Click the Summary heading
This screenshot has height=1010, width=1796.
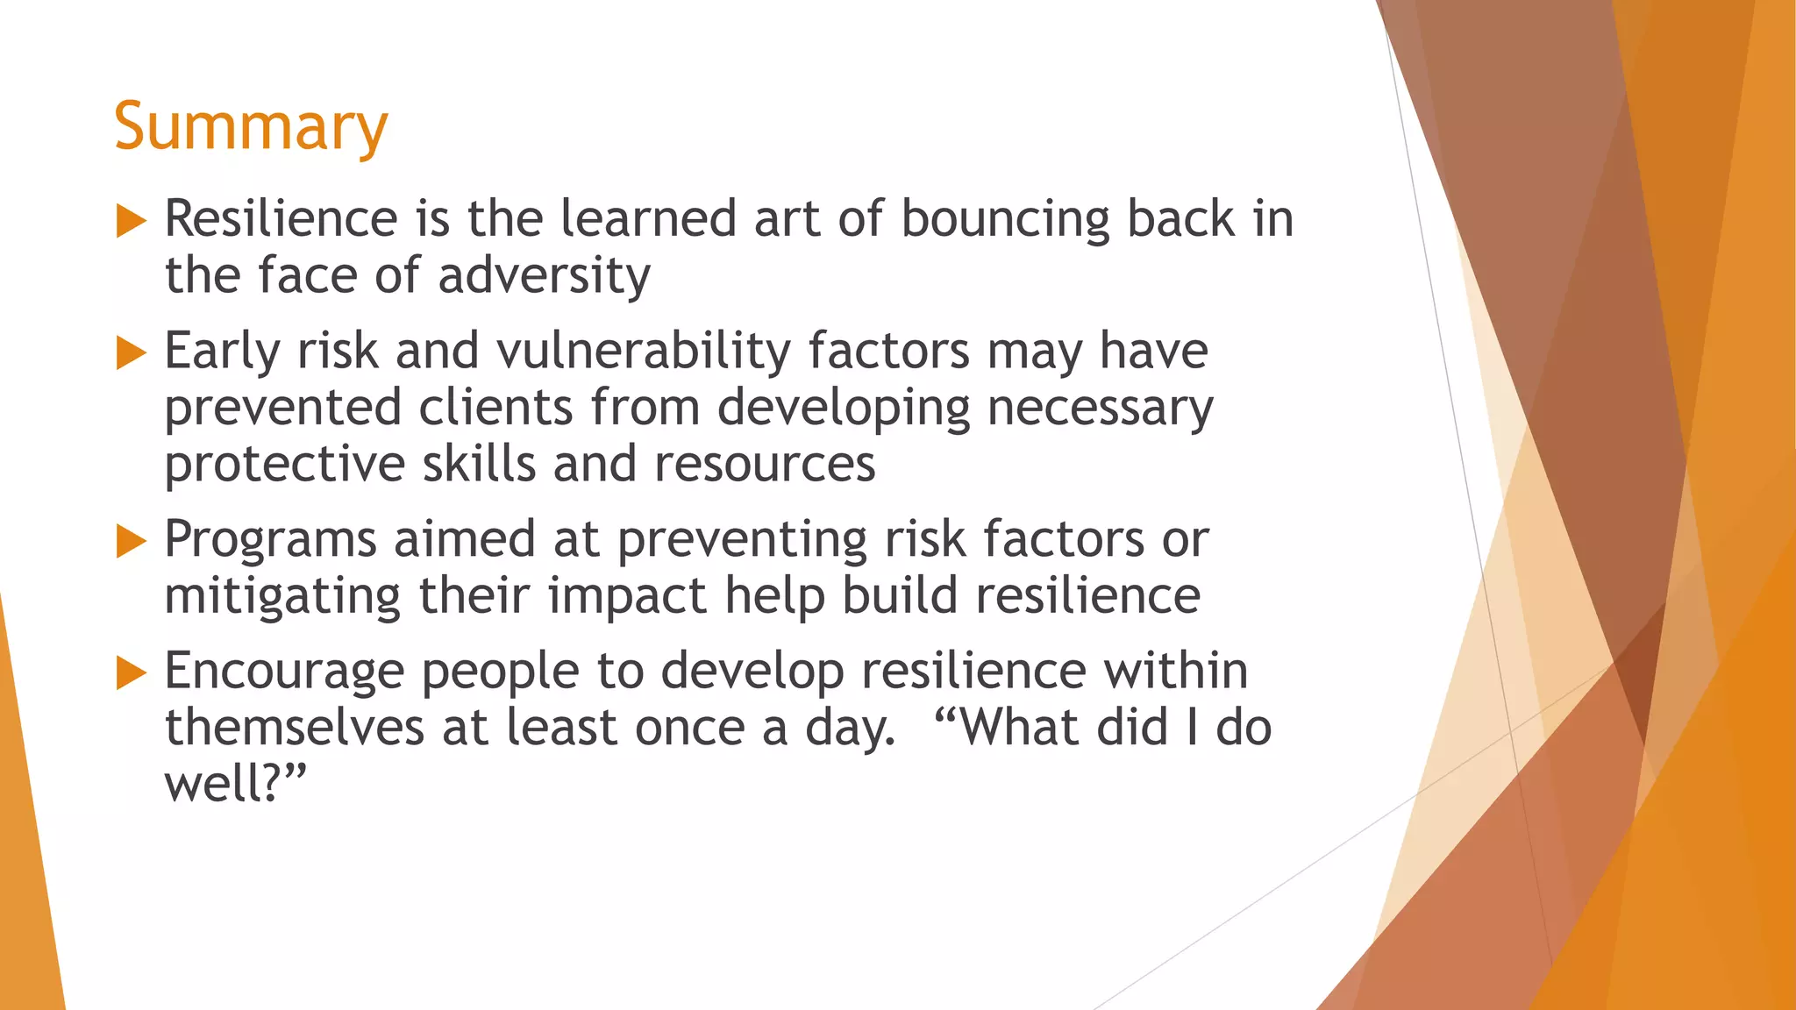(x=250, y=128)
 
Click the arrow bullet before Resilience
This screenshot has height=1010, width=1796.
(x=131, y=221)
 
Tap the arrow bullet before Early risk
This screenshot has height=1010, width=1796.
(x=131, y=353)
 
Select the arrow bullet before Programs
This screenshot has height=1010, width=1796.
(x=131, y=542)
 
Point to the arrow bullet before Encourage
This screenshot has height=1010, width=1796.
(x=131, y=673)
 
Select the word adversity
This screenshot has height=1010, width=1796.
(x=544, y=277)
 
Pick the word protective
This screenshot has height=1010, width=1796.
(x=284, y=465)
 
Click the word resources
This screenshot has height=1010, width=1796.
(x=765, y=465)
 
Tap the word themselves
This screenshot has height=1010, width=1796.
(x=295, y=728)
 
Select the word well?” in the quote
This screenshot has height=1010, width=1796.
(x=235, y=784)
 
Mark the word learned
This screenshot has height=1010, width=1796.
(x=648, y=219)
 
